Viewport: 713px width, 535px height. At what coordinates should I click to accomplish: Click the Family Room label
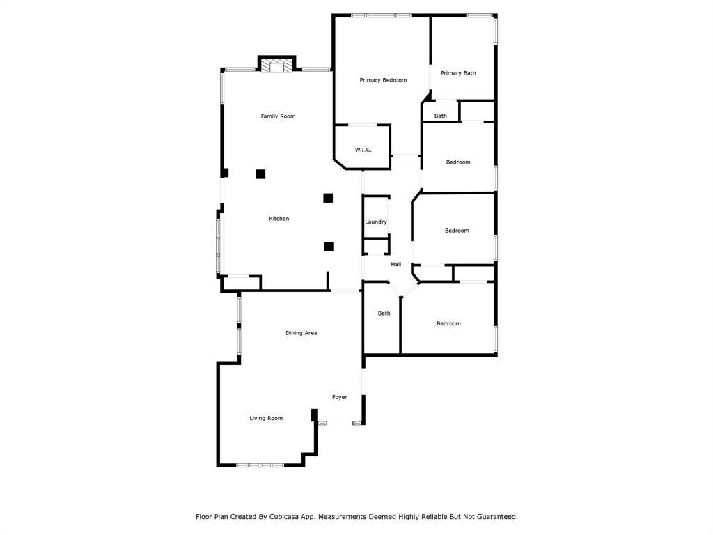pos(278,116)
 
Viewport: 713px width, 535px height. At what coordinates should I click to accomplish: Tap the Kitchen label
pos(279,219)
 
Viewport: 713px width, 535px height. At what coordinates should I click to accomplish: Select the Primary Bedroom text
pos(383,80)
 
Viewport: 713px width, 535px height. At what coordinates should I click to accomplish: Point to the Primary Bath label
pos(458,73)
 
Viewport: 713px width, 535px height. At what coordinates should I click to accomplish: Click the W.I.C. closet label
pos(363,150)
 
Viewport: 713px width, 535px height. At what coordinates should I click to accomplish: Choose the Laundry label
pos(375,222)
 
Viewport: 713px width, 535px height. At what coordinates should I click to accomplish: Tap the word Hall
pos(395,264)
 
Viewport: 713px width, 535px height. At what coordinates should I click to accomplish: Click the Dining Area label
pos(301,333)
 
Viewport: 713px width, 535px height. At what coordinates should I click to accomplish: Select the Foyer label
pos(339,397)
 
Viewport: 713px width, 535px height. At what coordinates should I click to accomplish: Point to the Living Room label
pos(266,419)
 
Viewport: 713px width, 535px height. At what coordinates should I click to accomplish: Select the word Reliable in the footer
pos(434,517)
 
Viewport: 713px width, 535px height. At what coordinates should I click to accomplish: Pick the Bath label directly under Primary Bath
pos(440,116)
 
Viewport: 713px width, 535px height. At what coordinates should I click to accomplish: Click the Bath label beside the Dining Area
pos(384,313)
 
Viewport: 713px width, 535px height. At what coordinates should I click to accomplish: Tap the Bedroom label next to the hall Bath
pos(448,323)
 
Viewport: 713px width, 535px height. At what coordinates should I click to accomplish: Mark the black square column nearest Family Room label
pos(260,173)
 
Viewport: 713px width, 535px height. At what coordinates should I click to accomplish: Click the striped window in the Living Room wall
pos(260,465)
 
